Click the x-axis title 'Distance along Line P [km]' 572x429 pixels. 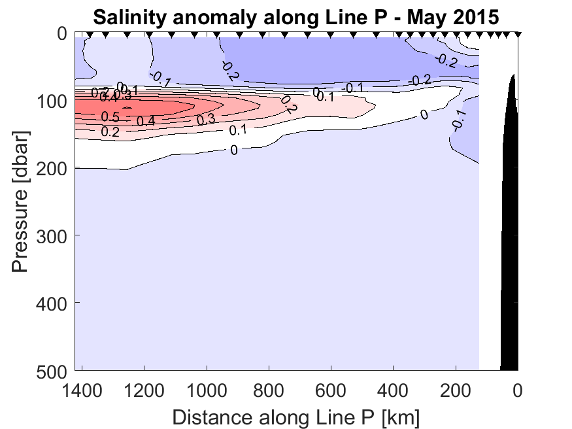(x=295, y=417)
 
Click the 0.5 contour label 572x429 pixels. (x=110, y=117)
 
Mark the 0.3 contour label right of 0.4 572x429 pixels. (x=207, y=119)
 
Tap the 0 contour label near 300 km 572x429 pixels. (x=424, y=115)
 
